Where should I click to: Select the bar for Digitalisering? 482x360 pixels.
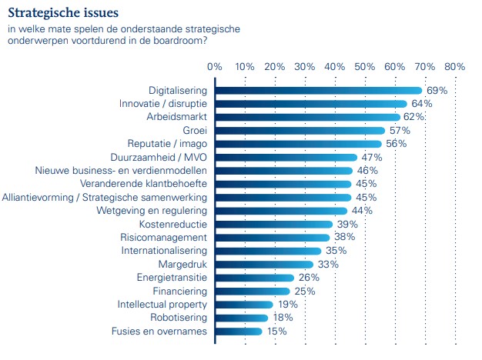click(318, 91)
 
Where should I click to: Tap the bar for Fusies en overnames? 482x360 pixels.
click(239, 332)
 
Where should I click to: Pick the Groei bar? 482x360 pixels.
click(300, 131)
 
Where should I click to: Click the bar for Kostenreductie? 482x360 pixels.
click(273, 225)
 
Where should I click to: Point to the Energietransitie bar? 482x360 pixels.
click(255, 278)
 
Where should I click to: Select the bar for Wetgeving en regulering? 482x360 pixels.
click(281, 211)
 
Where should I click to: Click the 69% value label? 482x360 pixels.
click(437, 91)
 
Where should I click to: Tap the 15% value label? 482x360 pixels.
click(276, 332)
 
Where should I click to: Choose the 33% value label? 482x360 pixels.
click(328, 265)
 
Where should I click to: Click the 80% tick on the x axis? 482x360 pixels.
click(454, 67)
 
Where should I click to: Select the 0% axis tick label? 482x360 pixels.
click(215, 67)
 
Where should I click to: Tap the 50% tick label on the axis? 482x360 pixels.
click(364, 67)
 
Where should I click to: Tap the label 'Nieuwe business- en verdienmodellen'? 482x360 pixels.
click(122, 171)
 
